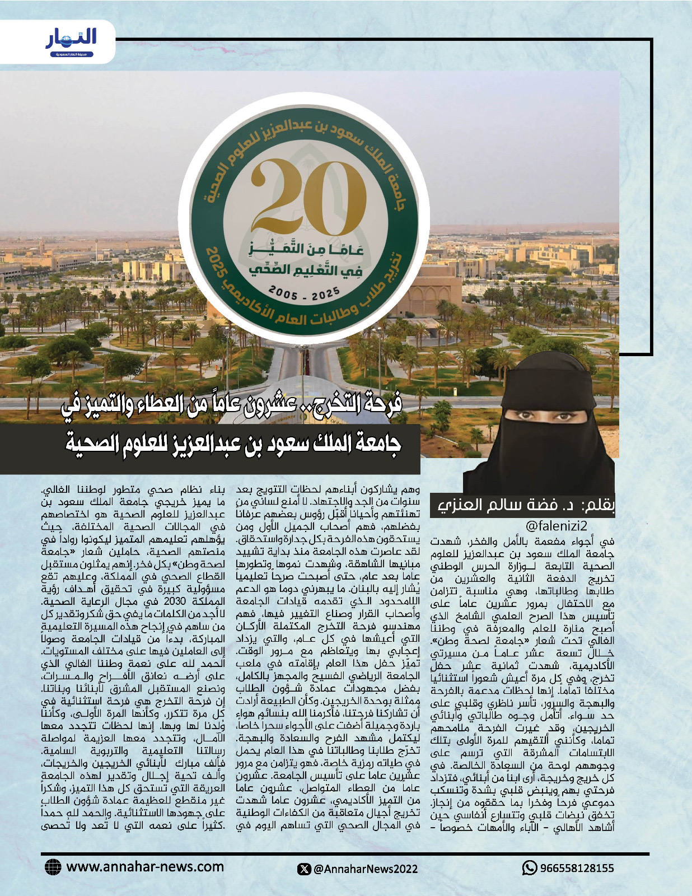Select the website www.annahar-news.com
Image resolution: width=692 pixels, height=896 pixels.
point(145,867)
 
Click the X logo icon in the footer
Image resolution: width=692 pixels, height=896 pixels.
point(305,869)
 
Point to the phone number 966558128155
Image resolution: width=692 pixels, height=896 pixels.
point(577,869)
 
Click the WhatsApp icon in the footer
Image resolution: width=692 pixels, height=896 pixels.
point(529,868)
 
